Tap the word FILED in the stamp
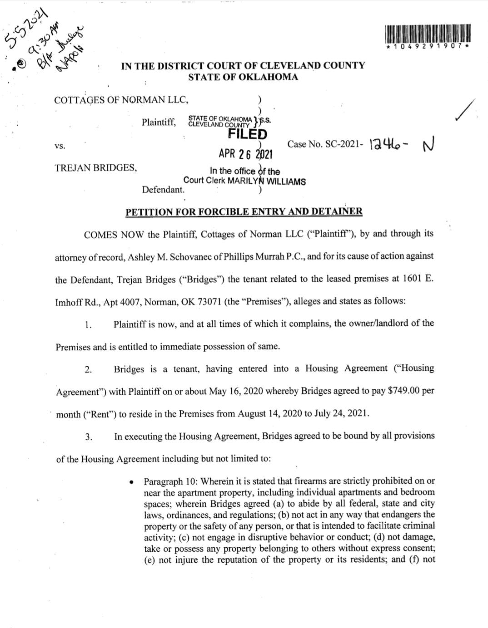247,134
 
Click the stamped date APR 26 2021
245,154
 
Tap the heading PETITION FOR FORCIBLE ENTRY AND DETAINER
244,211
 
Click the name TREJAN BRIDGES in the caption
95,168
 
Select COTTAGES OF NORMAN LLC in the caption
121,100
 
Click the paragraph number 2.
88,369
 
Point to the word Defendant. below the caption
163,190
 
